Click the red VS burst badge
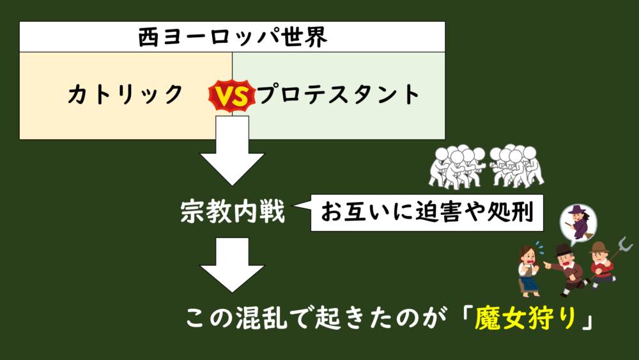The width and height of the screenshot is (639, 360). coord(231,96)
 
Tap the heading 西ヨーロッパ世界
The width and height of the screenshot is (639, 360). coord(233,37)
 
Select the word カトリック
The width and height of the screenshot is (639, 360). coord(125,95)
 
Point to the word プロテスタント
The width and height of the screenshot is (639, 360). coord(338,95)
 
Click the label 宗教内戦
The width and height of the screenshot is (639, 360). coord(233,211)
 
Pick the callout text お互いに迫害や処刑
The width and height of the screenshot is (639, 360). coord(427,212)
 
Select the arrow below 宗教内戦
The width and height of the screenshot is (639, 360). coord(233,263)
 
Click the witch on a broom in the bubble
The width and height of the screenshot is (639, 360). coord(578,223)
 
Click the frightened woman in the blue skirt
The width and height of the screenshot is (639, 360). coord(528,269)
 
